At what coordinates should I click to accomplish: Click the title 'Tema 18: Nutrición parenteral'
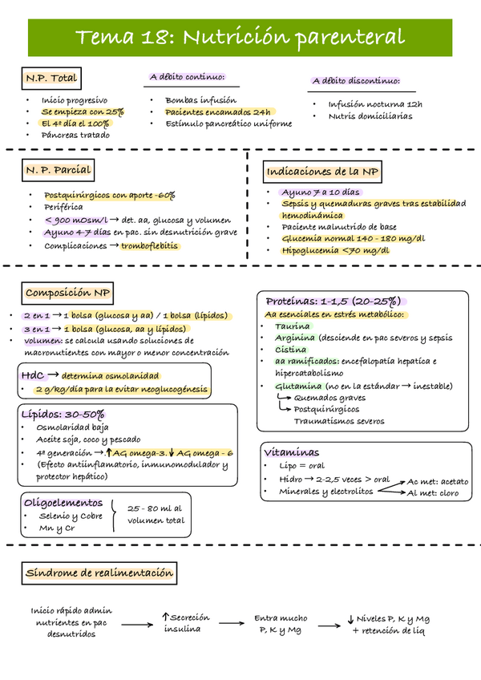pyautogui.click(x=240, y=37)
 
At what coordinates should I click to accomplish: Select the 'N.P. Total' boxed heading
pyautogui.click(x=51, y=78)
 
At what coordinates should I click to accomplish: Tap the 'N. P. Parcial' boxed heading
pyautogui.click(x=57, y=170)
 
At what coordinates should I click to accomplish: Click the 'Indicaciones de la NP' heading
pyautogui.click(x=323, y=172)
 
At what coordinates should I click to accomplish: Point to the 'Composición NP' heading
pyautogui.click(x=68, y=293)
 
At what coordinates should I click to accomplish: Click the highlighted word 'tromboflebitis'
pyautogui.click(x=149, y=245)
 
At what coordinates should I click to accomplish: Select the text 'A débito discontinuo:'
pyautogui.click(x=356, y=81)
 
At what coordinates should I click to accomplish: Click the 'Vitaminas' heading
pyautogui.click(x=293, y=452)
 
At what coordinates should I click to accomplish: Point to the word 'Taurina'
pyautogui.click(x=292, y=326)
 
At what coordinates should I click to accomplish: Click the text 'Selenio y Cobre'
pyautogui.click(x=71, y=516)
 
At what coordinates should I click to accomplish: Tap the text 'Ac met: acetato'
pyautogui.click(x=438, y=481)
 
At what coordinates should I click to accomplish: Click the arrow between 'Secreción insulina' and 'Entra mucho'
pyautogui.click(x=232, y=623)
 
